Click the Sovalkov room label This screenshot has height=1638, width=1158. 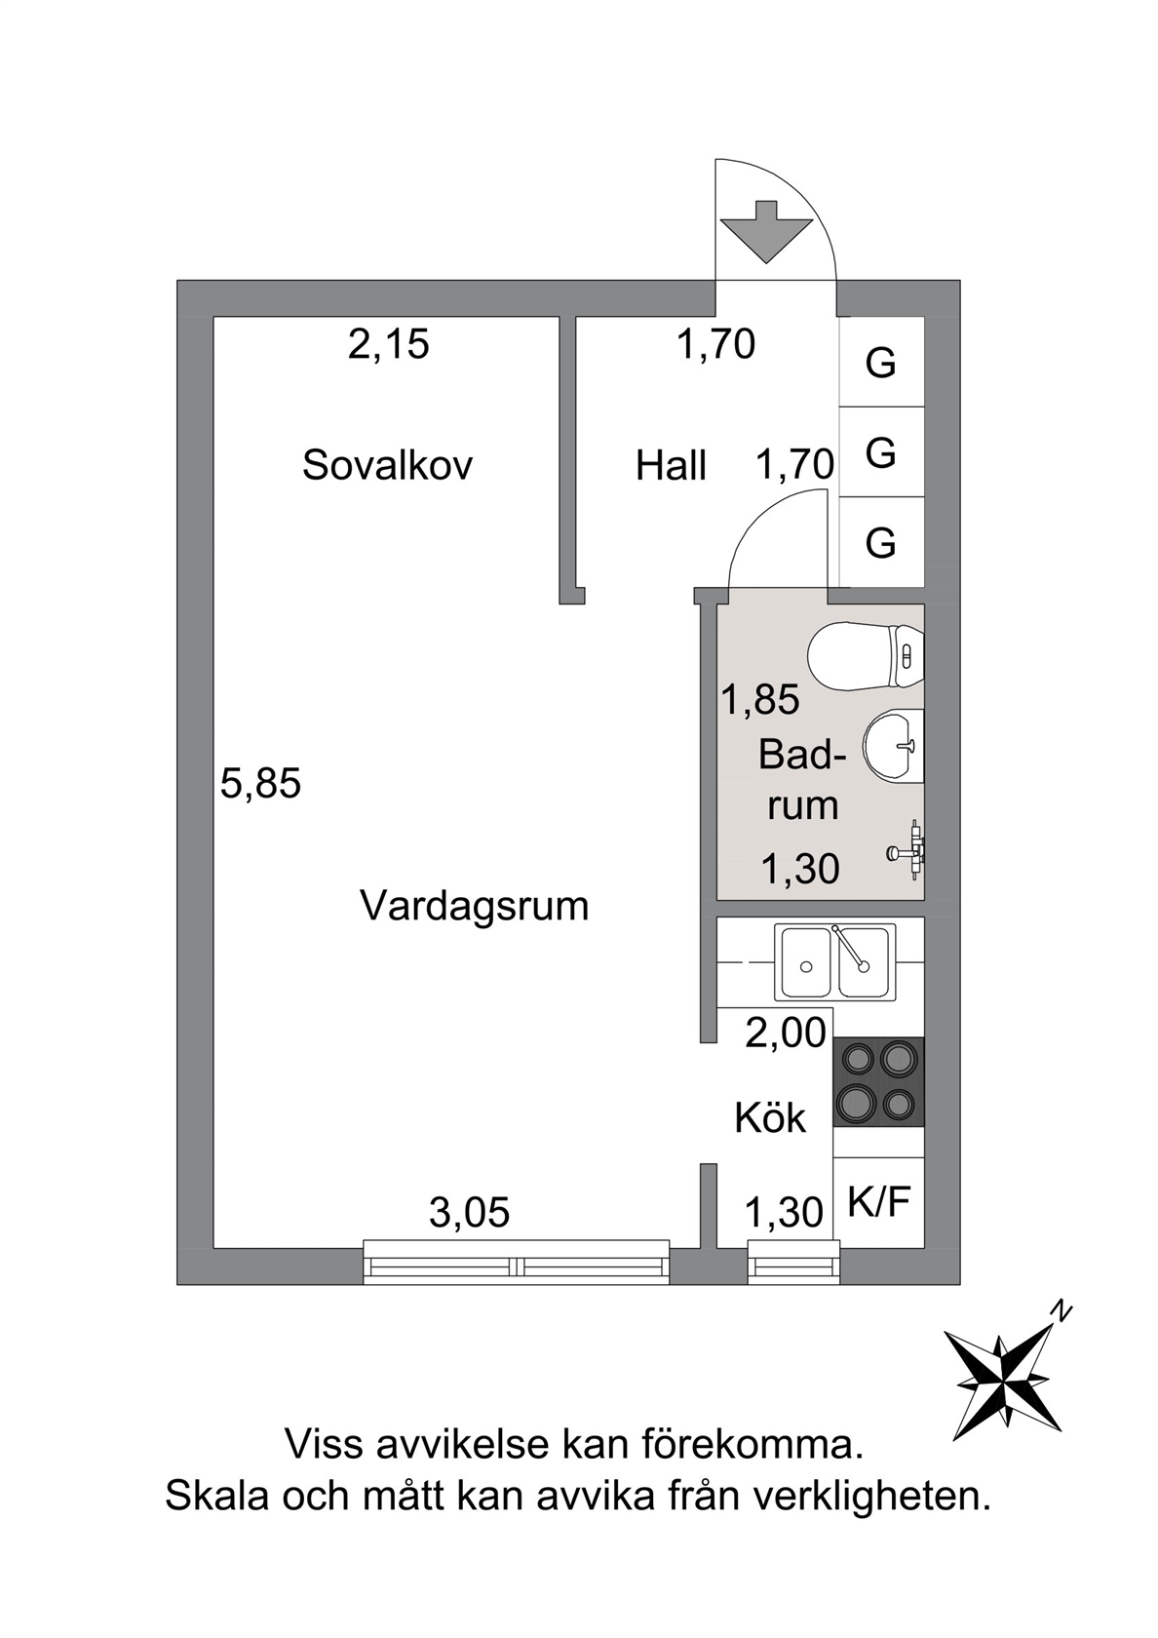click(x=388, y=465)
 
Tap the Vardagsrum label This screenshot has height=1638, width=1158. click(x=475, y=907)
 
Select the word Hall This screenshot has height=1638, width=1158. click(x=671, y=466)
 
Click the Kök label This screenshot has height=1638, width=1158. click(x=770, y=1118)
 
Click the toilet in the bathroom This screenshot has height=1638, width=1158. click(x=867, y=655)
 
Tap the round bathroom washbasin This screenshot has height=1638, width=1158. click(x=893, y=746)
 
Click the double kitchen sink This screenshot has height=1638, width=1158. click(x=834, y=963)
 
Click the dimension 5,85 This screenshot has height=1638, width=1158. click(x=261, y=785)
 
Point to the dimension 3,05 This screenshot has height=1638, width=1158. click(x=470, y=1213)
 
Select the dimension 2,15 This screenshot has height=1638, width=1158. click(x=388, y=345)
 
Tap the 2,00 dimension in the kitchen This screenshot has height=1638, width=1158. click(x=786, y=1033)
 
